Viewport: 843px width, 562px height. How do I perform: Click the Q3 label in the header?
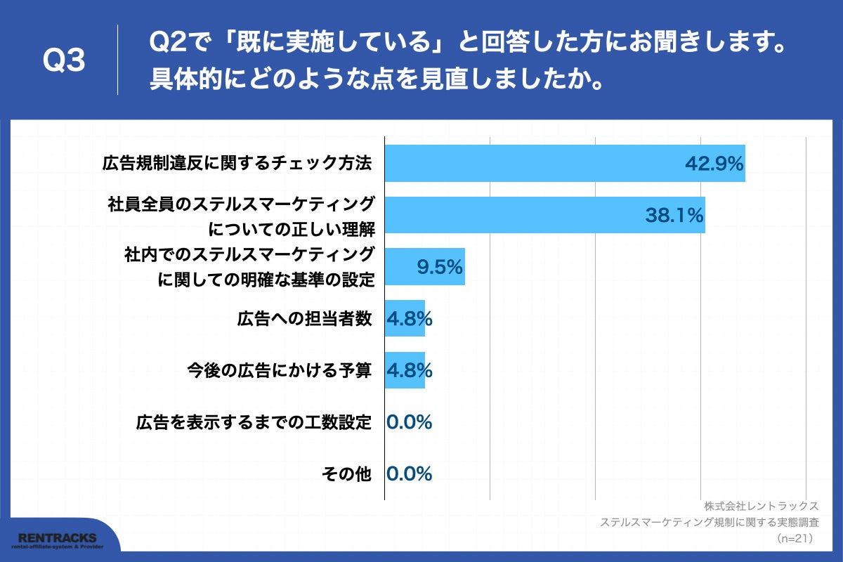click(64, 60)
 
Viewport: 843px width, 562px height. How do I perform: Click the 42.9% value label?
click(714, 164)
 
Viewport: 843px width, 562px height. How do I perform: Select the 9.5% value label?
click(439, 267)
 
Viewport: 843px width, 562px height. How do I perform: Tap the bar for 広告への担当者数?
click(405, 318)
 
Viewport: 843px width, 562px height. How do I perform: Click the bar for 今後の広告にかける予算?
click(405, 370)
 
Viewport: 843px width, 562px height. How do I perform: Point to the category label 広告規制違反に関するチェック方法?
click(236, 164)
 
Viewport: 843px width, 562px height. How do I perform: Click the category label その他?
click(346, 474)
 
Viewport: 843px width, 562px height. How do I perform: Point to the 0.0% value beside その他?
click(409, 474)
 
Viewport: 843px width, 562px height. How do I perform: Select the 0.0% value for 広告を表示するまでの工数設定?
click(409, 422)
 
